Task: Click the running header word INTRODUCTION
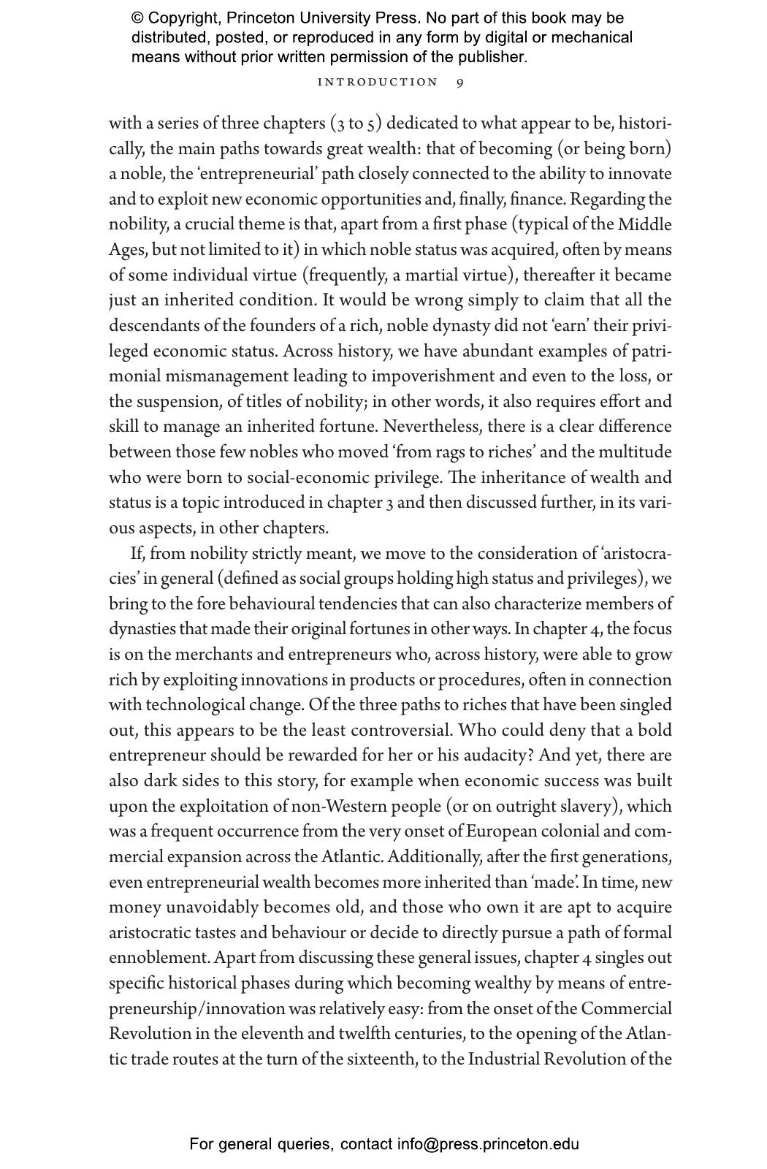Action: click(x=378, y=83)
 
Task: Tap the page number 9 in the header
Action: click(x=459, y=83)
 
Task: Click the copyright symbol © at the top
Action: click(x=137, y=18)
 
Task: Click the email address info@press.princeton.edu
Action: click(x=488, y=1144)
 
